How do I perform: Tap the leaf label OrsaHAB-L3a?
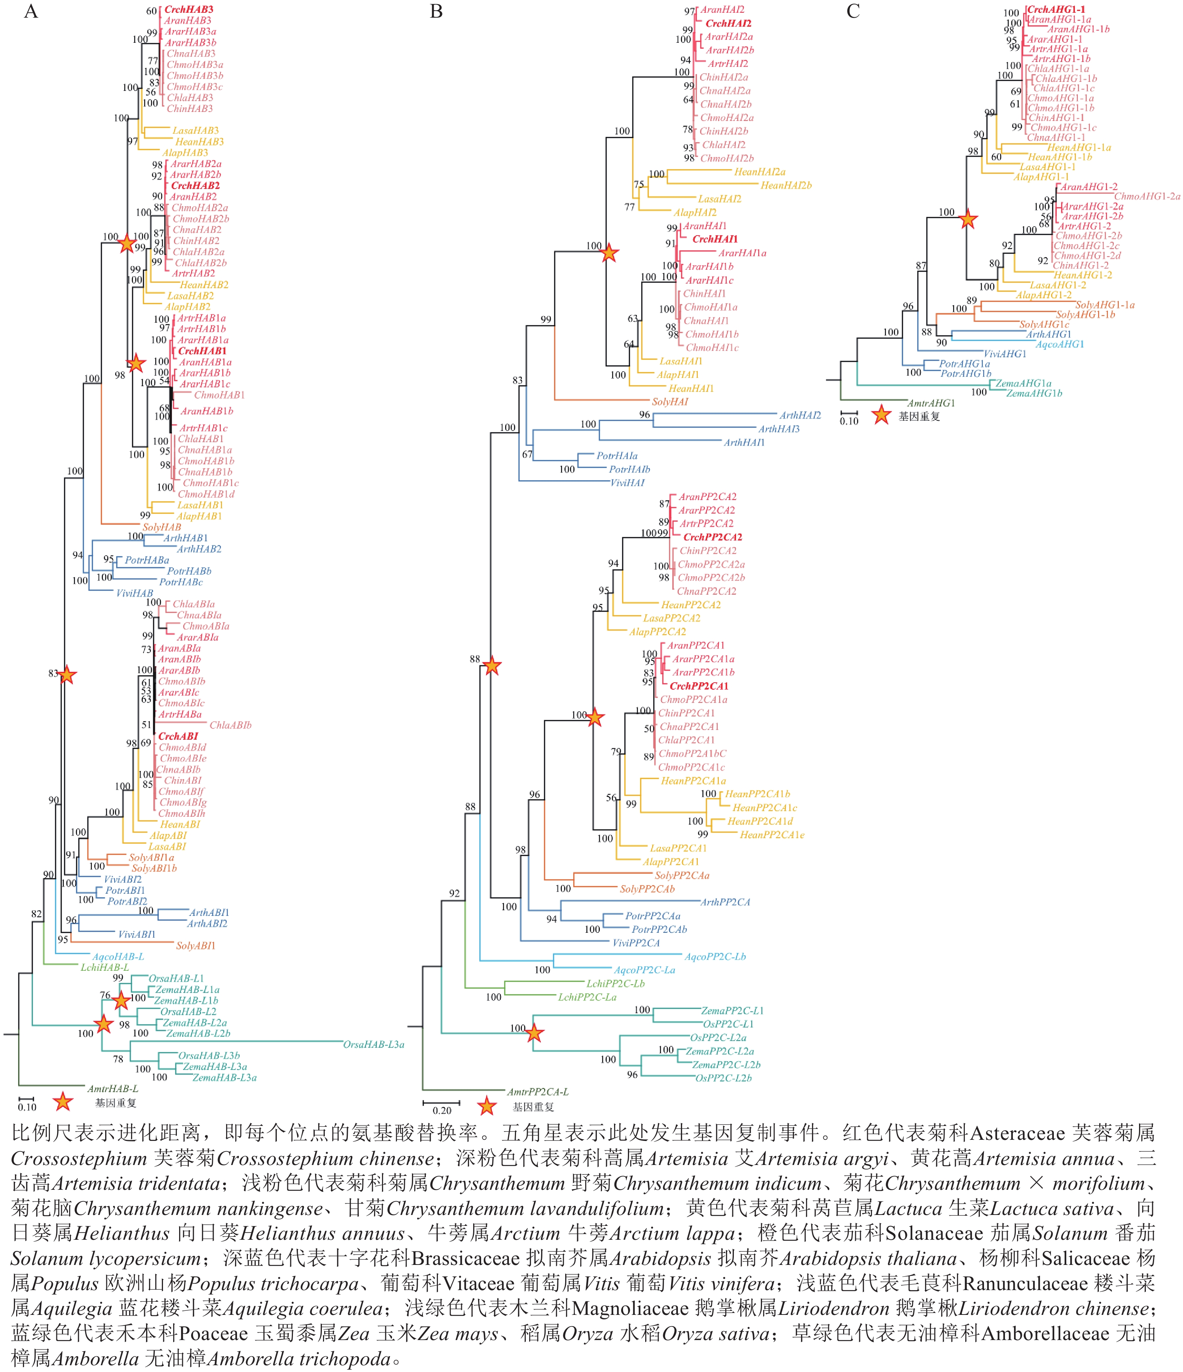(373, 1044)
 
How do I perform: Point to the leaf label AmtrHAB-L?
(113, 1088)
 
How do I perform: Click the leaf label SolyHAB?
(161, 527)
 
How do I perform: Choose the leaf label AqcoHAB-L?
(118, 956)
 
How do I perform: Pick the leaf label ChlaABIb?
(230, 725)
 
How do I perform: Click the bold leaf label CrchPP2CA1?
(699, 686)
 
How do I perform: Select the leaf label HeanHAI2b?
(786, 186)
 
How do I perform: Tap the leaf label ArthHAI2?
(800, 415)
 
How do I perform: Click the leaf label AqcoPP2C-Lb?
(715, 956)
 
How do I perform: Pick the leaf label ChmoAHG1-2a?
(1147, 196)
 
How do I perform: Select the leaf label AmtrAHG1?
(931, 403)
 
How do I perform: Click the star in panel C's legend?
(881, 415)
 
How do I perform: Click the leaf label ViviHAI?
(627, 483)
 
